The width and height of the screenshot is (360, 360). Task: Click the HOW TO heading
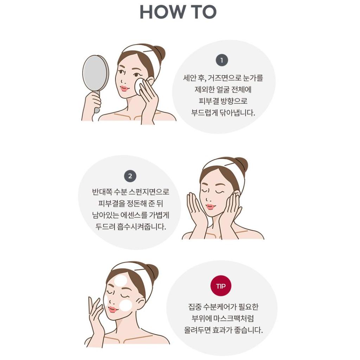[x=178, y=12]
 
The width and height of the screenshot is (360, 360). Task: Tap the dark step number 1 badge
[x=221, y=60]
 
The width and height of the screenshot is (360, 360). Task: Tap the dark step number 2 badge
[x=130, y=176]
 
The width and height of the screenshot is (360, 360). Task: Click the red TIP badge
[x=220, y=286]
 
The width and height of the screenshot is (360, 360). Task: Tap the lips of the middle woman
[x=211, y=207]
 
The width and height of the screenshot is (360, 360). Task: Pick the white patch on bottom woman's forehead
[x=121, y=280]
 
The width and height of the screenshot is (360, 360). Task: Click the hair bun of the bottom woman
[x=152, y=271]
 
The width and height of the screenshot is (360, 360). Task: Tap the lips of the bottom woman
[x=112, y=309]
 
